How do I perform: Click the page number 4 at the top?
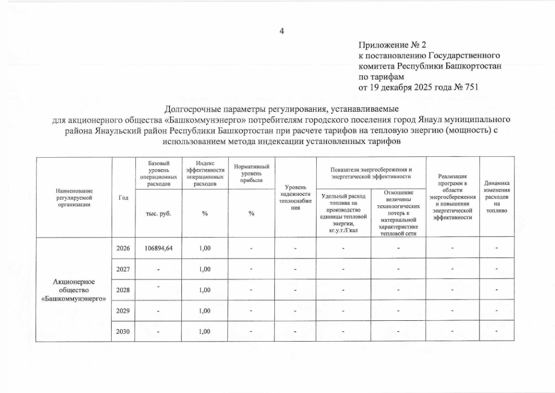pos(282,32)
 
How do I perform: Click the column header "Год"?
pos(123,197)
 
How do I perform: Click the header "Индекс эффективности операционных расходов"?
pos(205,174)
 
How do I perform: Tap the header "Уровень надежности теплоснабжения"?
pos(295,198)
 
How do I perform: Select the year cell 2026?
pos(123,248)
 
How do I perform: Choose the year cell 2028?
pos(123,290)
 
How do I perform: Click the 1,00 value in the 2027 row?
pos(205,269)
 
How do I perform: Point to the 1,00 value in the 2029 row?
pos(205,311)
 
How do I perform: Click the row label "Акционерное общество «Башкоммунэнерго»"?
pos(74,290)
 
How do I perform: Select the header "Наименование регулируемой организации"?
pos(74,197)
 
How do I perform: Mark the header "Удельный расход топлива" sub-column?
pos(343,213)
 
